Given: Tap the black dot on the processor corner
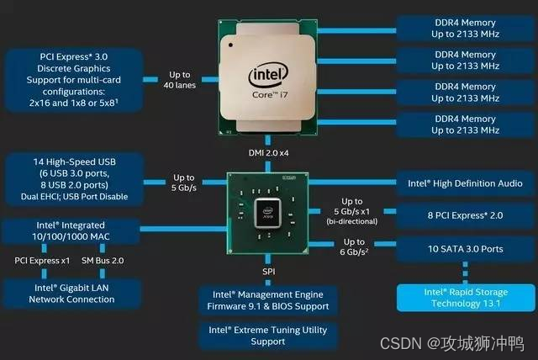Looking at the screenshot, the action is [230, 45].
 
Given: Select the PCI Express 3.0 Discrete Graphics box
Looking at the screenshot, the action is [74, 80].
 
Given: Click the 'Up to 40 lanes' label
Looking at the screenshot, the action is [179, 80].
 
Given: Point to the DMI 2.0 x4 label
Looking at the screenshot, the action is [268, 153].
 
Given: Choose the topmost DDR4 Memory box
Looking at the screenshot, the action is [465, 28].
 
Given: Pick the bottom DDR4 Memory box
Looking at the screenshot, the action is [465, 124].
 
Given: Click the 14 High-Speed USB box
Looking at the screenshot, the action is [74, 179].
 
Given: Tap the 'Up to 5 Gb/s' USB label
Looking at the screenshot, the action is [184, 183].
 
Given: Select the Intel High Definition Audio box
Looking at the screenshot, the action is [465, 183].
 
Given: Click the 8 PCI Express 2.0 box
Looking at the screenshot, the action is [465, 215].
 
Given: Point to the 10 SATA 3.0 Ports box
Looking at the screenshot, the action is [465, 249].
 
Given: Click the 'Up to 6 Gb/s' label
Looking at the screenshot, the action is [354, 246].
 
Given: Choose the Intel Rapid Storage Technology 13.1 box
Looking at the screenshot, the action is [466, 298].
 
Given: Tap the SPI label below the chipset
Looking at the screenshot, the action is [269, 272].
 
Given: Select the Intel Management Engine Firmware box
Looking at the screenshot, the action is [268, 300].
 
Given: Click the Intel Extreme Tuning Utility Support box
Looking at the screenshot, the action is [268, 336].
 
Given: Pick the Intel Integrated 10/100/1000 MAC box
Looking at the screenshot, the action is [71, 231].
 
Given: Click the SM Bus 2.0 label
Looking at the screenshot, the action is [103, 261].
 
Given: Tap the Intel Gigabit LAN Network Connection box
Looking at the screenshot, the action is [71, 294].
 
